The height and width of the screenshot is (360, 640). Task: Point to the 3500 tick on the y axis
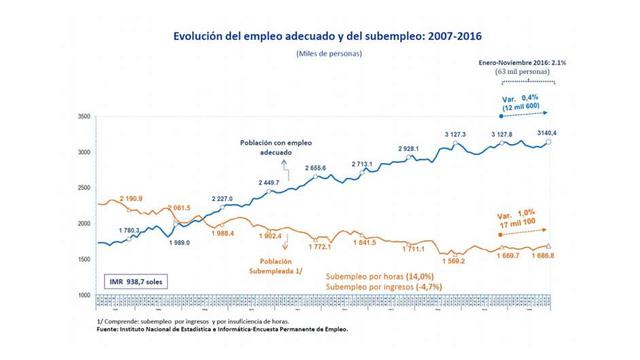point(84,117)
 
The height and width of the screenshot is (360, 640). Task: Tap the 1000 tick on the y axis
point(84,296)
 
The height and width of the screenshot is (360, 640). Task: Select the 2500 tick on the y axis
point(84,188)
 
